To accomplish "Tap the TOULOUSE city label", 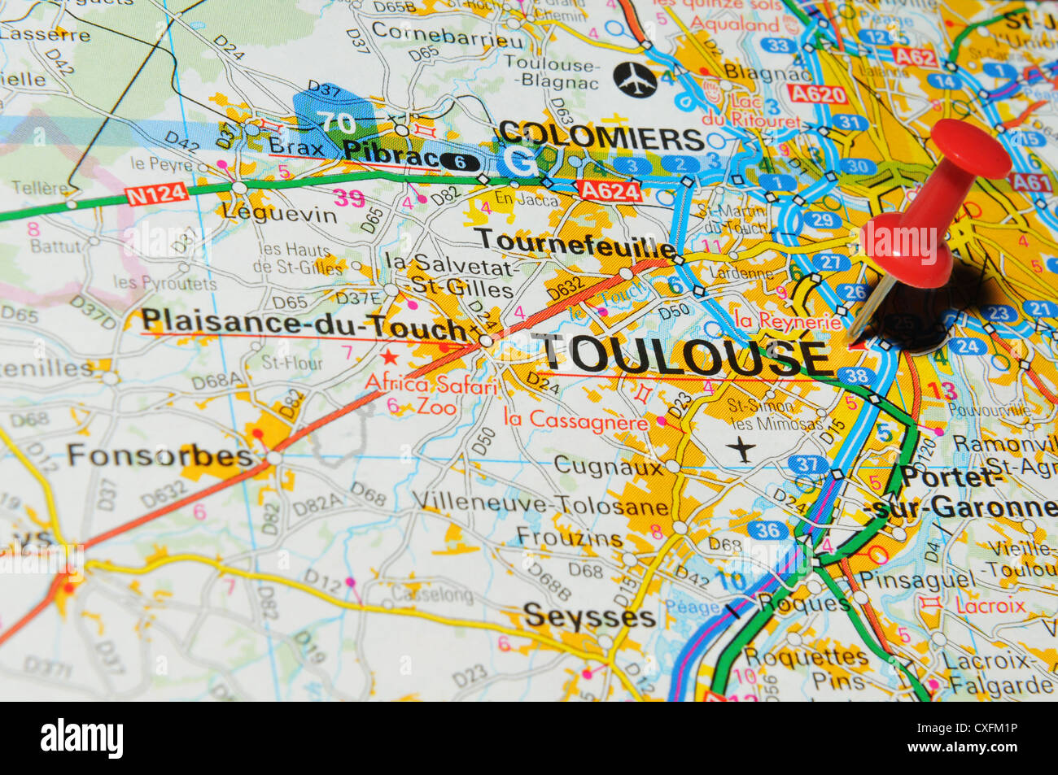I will point(686,355).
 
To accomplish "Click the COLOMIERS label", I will point(601,136).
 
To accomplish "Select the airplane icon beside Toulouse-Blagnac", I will point(635,79).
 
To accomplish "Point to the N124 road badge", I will point(156,194).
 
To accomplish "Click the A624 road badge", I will point(608,190).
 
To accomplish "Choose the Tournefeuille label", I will point(575,241).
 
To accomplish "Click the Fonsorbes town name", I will point(160,455).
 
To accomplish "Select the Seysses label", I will point(589,616).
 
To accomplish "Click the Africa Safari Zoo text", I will point(431,394).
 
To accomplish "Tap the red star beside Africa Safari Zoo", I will point(390,356).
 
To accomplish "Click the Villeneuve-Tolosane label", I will point(540,505).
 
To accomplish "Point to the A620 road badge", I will point(817,94).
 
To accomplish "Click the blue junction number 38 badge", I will point(855,376).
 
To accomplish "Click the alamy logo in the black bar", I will point(81,738).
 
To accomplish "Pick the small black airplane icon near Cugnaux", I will point(741,449).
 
